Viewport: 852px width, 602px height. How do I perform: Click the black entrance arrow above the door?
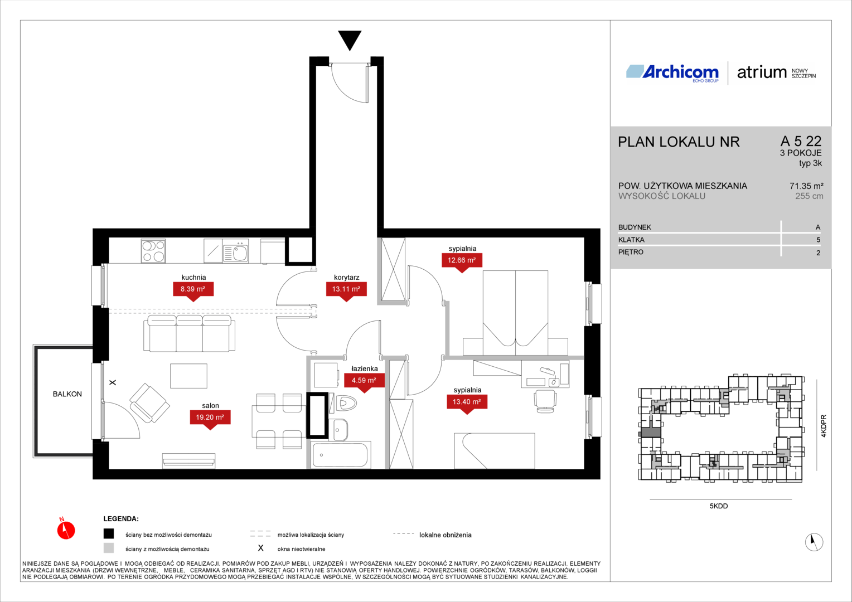(350, 39)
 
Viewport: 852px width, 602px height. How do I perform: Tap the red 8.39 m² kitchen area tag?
(193, 290)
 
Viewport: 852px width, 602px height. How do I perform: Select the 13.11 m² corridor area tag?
(346, 290)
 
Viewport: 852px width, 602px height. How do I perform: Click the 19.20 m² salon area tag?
(210, 418)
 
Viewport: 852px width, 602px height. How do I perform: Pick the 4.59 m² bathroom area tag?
(364, 381)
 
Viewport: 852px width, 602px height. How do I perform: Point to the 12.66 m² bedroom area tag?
(462, 261)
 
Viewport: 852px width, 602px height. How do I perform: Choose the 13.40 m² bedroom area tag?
(467, 402)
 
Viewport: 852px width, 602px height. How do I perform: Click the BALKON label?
(67, 394)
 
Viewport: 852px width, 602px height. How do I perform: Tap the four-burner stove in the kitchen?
(153, 251)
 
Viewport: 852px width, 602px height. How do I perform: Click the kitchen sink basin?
(240, 253)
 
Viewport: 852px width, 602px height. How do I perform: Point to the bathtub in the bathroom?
(341, 455)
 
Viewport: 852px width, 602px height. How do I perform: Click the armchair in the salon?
(149, 403)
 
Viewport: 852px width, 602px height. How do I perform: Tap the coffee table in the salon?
(188, 376)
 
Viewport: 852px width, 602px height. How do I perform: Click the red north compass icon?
(66, 530)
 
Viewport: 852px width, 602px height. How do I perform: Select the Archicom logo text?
(680, 72)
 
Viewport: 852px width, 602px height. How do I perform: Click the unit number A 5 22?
(801, 142)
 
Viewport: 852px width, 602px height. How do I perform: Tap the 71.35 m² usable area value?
(806, 186)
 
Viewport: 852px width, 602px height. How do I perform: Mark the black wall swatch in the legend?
(109, 534)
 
